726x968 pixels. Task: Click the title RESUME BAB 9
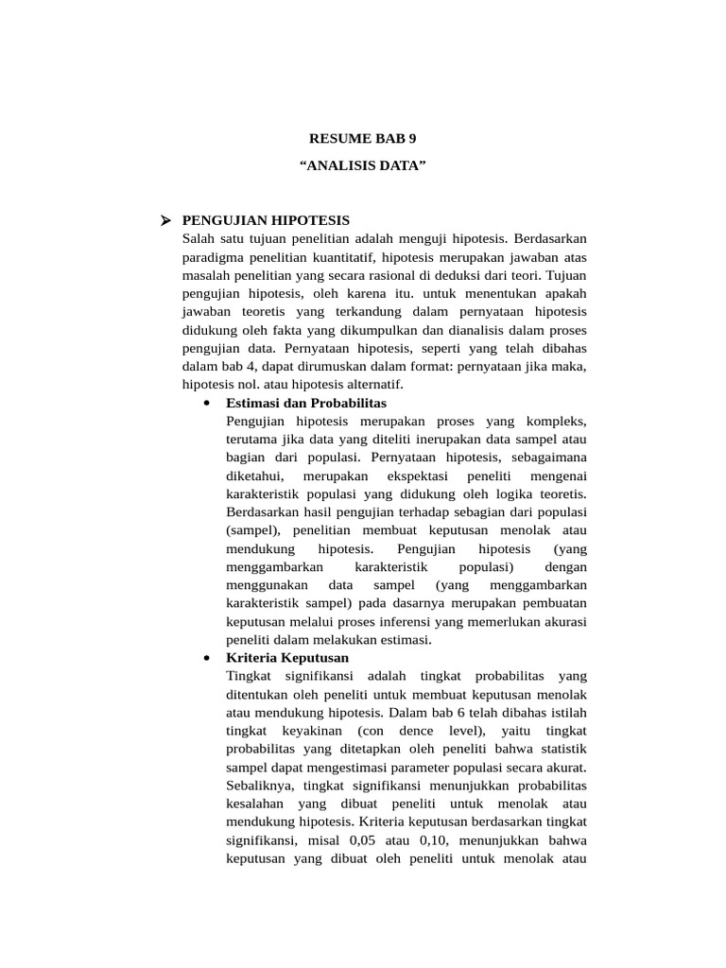click(x=363, y=138)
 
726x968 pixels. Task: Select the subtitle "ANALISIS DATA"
click(x=363, y=166)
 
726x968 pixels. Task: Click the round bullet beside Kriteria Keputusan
click(x=207, y=657)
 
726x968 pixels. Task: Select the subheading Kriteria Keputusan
click(x=287, y=657)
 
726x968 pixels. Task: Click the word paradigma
click(x=213, y=257)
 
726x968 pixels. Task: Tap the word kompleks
click(x=562, y=421)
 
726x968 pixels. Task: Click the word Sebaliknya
click(x=259, y=785)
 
